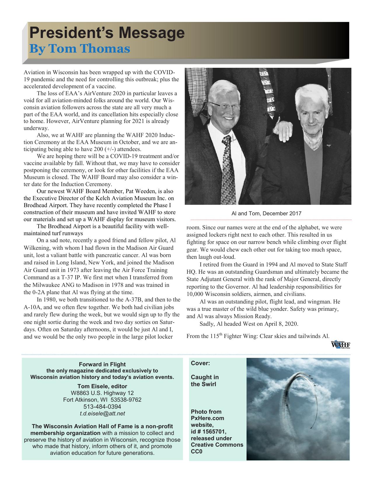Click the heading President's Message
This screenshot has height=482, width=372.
click(x=107, y=33)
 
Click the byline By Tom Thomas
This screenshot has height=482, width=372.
click(x=79, y=49)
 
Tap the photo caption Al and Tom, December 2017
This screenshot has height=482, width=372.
click(x=266, y=214)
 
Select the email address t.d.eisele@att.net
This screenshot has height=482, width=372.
click(x=102, y=413)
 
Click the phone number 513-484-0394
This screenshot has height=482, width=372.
click(x=102, y=407)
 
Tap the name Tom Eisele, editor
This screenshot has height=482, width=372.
click(x=102, y=386)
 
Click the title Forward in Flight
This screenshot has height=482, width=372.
click(x=102, y=364)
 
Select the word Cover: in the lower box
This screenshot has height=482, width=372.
click(x=200, y=363)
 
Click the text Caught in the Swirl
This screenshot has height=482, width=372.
click(x=205, y=381)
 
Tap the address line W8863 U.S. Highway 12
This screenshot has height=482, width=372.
click(x=102, y=393)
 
